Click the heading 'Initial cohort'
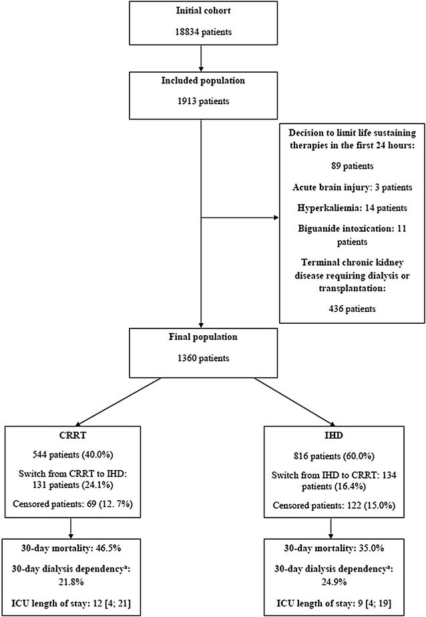point(200,11)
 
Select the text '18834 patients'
point(200,32)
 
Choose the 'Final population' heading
point(200,338)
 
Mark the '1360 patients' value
point(200,359)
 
